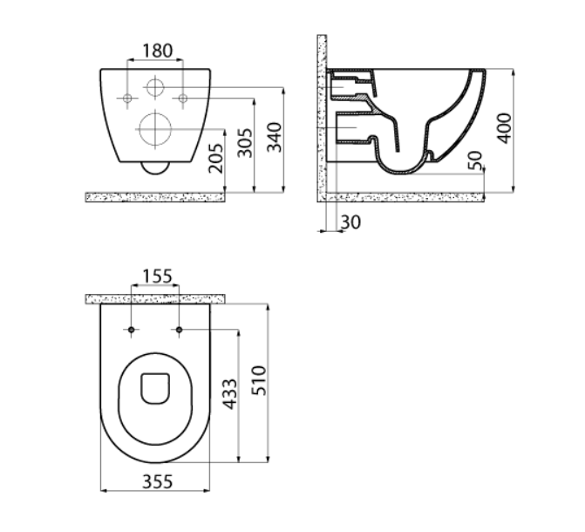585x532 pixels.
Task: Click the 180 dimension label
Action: (158, 51)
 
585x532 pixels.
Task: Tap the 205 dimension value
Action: (216, 159)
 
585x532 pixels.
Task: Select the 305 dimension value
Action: (245, 143)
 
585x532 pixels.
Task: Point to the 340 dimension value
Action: (275, 137)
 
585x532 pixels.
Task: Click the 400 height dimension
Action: (505, 128)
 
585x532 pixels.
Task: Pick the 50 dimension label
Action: (475, 160)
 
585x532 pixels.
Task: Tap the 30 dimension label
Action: (351, 222)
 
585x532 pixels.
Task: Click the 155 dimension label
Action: (158, 276)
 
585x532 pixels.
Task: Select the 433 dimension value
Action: (229, 394)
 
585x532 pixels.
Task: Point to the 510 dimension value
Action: (259, 381)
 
